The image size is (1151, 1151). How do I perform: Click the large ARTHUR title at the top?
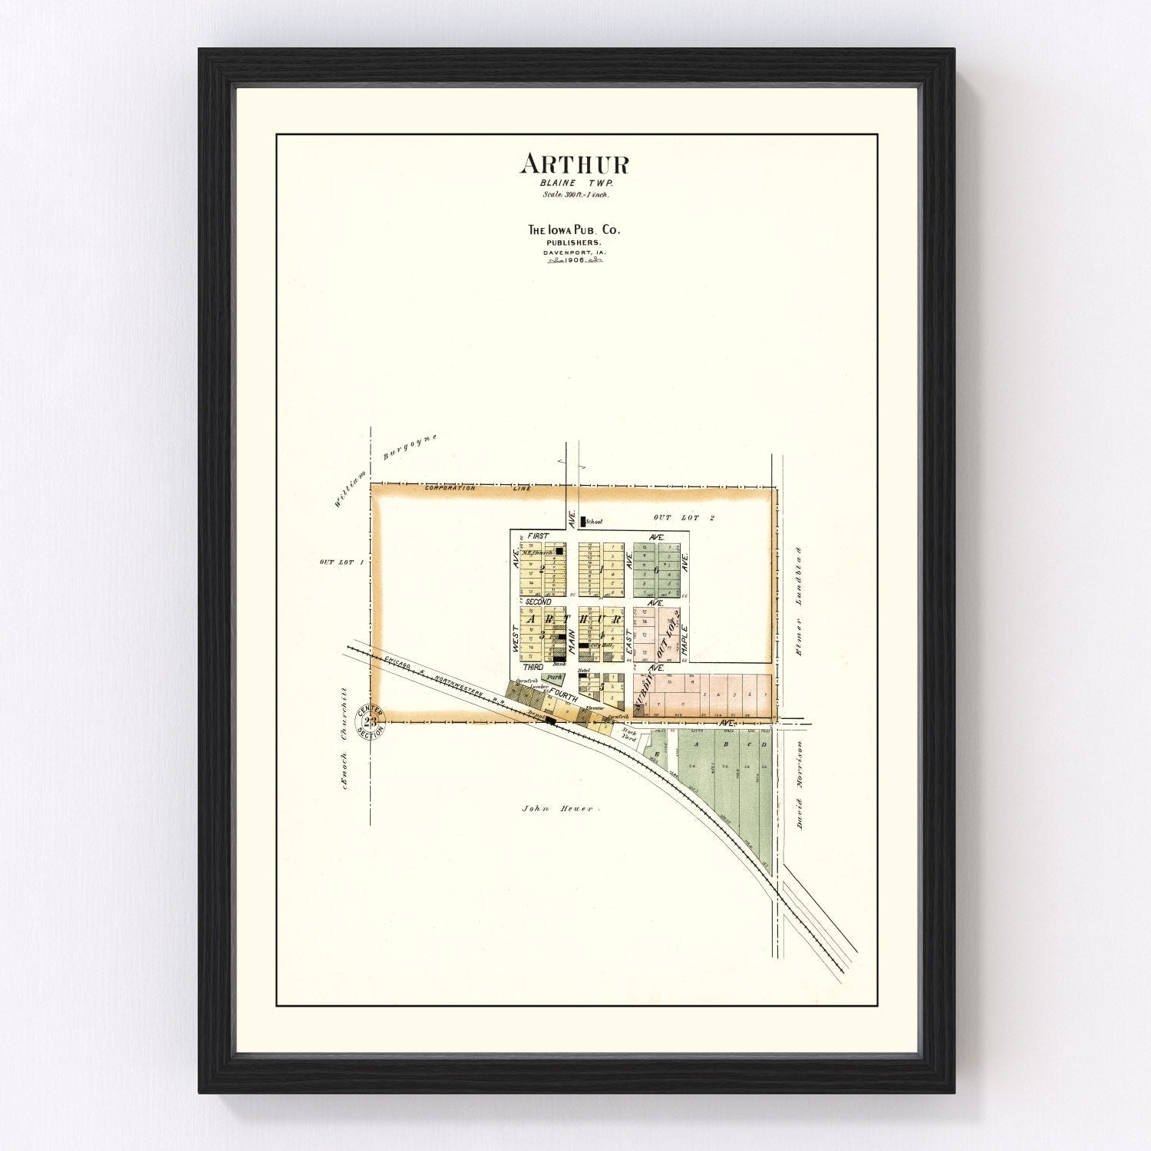[575, 163]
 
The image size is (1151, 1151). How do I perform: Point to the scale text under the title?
[575, 194]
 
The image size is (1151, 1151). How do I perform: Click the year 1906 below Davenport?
[575, 260]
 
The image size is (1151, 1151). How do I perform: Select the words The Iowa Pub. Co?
[575, 229]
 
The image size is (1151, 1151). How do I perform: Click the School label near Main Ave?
[593, 522]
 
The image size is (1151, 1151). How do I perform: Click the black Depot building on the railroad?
[550, 720]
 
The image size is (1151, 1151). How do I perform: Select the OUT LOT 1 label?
[337, 562]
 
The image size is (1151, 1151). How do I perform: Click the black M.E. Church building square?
[559, 550]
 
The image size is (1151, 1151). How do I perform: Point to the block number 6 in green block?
[655, 570]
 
